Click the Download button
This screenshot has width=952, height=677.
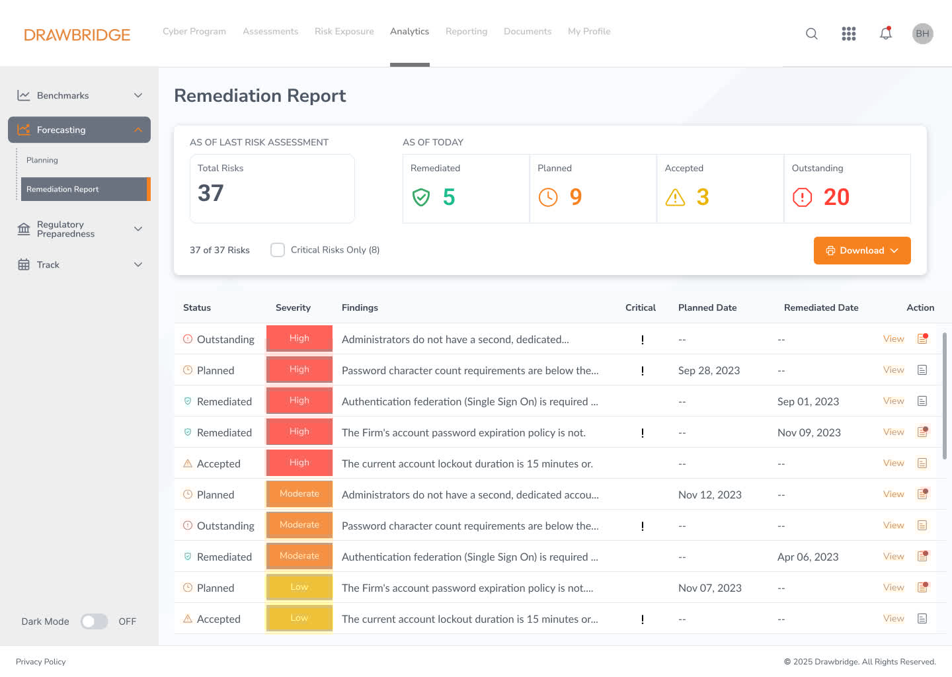861,251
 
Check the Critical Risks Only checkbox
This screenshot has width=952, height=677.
278,250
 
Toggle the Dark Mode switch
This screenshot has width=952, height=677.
95,621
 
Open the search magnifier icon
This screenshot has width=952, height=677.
812,34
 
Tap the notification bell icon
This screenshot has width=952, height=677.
886,34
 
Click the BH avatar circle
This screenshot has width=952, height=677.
922,34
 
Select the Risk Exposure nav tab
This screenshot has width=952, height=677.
344,31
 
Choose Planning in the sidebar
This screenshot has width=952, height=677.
42,160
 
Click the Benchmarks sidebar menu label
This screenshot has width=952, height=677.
63,95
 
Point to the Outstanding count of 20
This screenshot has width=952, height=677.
836,197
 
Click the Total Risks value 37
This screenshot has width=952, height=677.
211,193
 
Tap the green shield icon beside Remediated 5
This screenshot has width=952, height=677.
421,197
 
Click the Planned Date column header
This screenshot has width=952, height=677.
707,307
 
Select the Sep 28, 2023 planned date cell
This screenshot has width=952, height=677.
709,370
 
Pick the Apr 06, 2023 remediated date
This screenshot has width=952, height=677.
808,557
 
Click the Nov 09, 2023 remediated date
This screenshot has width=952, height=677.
809,432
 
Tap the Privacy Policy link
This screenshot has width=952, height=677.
41,662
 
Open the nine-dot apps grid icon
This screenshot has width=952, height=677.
849,34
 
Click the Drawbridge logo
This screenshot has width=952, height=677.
77,34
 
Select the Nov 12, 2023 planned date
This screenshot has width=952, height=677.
709,495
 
